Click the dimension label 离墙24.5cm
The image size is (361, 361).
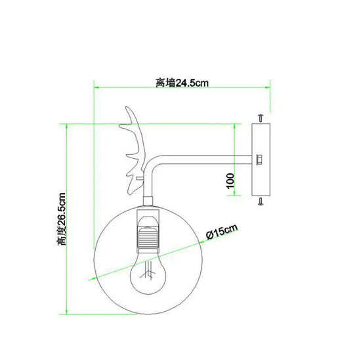(x=182, y=83)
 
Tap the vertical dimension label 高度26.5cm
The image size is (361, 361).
(x=62, y=219)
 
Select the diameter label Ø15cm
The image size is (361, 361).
(x=222, y=232)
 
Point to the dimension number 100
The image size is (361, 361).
(x=230, y=181)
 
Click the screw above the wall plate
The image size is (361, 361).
(x=261, y=117)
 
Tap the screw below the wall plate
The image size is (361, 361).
(x=261, y=201)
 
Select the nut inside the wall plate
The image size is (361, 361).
(x=259, y=159)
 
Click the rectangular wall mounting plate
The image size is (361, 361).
(x=261, y=159)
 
